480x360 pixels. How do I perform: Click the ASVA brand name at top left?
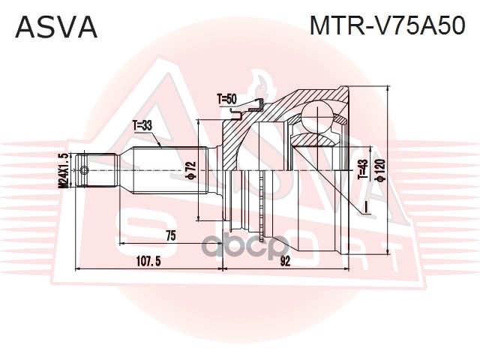tap(57, 28)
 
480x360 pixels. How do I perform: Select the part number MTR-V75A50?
tap(388, 28)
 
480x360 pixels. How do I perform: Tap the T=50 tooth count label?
tap(226, 98)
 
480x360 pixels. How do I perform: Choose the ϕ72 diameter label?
tap(190, 172)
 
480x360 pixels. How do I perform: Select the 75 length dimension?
tap(170, 236)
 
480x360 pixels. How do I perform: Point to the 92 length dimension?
tap(285, 262)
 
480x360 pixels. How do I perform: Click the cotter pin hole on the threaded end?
tap(85, 170)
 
